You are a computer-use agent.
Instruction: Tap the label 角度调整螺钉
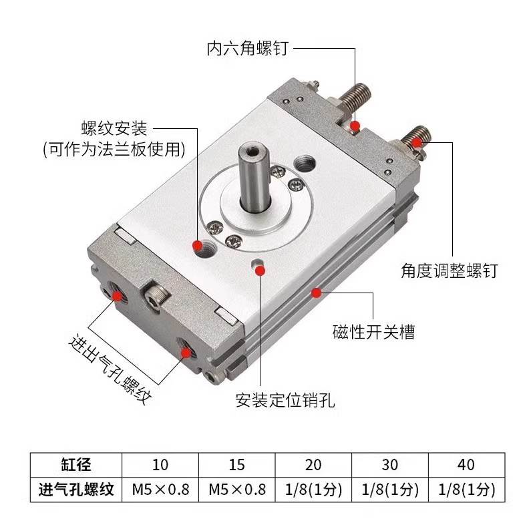pos(449,271)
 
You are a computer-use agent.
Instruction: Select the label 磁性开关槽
pos(373,331)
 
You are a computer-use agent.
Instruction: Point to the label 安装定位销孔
pos(285,401)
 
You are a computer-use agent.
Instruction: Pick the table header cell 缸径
pos(75,464)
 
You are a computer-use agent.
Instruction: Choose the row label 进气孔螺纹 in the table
pos(75,490)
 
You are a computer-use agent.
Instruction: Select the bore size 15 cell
pos(236,464)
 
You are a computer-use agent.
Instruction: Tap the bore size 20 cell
pos(313,464)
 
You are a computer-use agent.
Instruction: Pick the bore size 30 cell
pos(389,464)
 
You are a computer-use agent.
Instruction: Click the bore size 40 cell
pos(466,464)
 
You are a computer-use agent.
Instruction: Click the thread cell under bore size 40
pos(466,490)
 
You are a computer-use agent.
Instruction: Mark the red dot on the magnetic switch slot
pos(317,291)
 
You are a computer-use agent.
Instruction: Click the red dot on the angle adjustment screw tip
pos(417,142)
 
